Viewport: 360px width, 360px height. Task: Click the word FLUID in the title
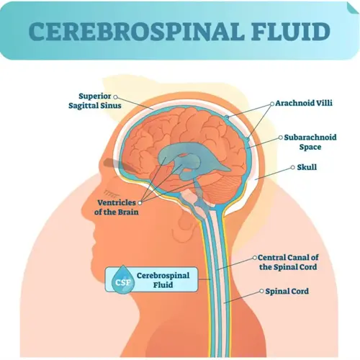coord(291,31)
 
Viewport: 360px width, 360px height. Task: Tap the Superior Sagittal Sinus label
coord(95,101)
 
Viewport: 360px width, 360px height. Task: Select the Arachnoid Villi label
coord(304,103)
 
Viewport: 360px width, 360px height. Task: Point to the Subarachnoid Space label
coord(310,142)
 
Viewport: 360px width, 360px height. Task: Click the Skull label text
coord(307,167)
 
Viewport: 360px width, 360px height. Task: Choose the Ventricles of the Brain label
coord(116,207)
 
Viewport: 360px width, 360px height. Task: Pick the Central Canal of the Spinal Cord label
coord(288,262)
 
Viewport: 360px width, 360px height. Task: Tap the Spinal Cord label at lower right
coord(287,292)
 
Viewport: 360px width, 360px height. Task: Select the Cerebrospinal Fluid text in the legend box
coord(163,280)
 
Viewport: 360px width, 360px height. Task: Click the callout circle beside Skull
coord(292,167)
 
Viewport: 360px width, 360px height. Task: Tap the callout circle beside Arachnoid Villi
coord(272,104)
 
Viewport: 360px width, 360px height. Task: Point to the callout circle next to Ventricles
coord(140,203)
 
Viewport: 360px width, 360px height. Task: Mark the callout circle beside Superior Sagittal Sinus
coord(115,97)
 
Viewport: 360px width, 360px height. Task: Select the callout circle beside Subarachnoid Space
coord(281,138)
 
